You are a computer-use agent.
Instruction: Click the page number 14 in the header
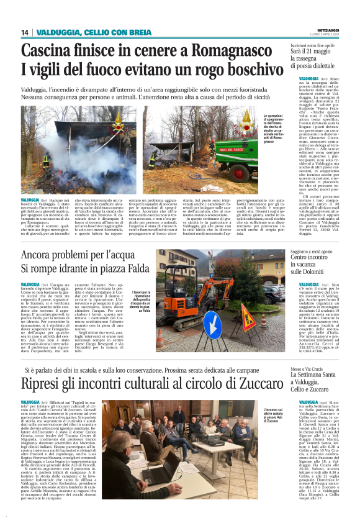(x=25, y=32)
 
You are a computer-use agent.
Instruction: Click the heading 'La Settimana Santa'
(x=313, y=357)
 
